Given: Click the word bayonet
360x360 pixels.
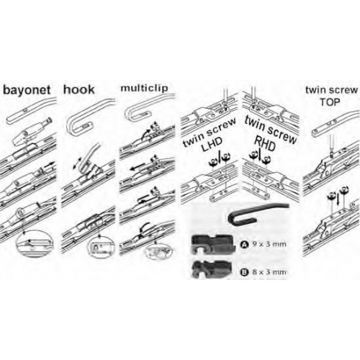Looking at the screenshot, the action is pos(27,90).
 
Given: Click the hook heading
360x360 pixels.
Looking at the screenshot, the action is pos(79,89).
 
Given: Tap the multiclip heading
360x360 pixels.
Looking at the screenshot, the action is pos(144,88).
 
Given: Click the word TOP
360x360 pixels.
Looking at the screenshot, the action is pos(330,102).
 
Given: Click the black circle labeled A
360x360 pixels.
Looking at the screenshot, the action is pos(243,245).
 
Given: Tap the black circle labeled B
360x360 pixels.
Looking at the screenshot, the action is pos(243,272).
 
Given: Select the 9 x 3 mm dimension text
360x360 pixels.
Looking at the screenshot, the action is pos(269,244).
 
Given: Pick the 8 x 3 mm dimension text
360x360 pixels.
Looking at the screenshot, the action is pos(269,272).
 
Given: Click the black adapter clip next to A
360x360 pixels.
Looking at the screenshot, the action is pos(212,244).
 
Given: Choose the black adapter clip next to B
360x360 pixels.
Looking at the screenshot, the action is pos(212,269).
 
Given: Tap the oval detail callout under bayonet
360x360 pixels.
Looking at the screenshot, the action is pos(34,243).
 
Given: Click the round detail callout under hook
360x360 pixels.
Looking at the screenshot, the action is pos(101,248).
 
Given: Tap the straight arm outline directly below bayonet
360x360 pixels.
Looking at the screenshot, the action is pos(30,109).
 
